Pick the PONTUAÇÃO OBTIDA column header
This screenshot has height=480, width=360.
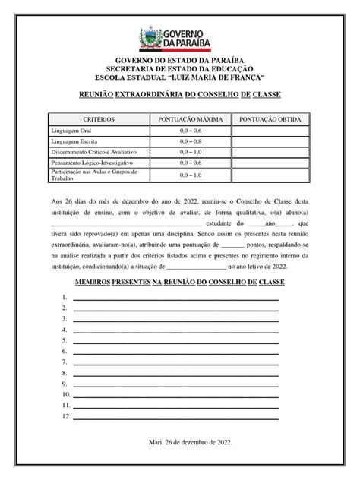tap(271, 120)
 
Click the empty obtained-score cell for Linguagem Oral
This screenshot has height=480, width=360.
tap(271, 131)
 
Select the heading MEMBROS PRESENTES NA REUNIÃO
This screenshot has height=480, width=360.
tap(179, 282)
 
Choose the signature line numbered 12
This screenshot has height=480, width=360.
tap(175, 417)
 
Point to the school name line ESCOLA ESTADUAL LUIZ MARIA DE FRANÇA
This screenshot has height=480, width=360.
tap(179, 79)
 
